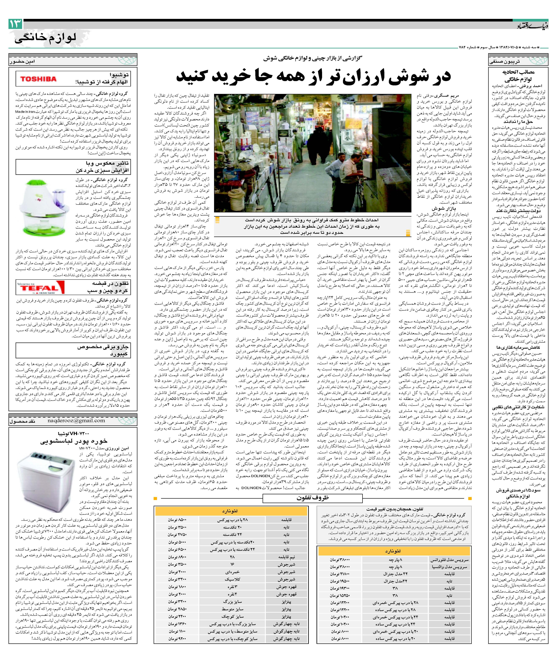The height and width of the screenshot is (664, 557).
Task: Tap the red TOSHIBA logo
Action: coord(38,79)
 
